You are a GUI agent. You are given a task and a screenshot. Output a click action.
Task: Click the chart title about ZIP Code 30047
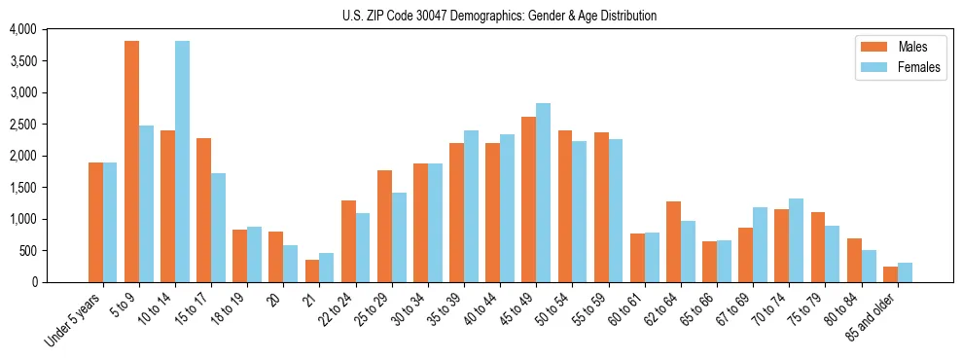[x=499, y=16]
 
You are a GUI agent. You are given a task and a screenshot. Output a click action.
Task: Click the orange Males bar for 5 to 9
[x=131, y=162]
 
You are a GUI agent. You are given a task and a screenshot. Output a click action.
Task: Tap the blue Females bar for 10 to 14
[x=182, y=162]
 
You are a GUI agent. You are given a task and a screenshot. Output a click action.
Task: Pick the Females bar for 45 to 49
[x=543, y=193]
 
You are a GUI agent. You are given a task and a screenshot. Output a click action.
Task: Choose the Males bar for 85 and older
[x=890, y=274]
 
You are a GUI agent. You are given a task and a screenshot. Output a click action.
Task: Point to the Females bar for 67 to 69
[x=760, y=244]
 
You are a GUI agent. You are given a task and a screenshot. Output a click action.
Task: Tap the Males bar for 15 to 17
[x=203, y=210]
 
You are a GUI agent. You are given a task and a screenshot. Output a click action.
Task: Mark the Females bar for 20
[x=290, y=264]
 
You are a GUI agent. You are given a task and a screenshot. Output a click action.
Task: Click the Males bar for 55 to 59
[x=601, y=207]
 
